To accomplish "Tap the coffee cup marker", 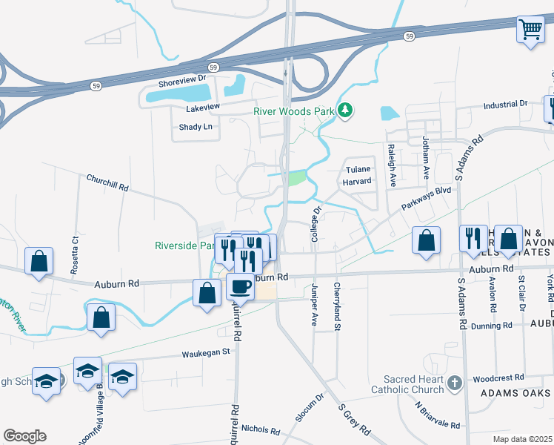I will click(x=239, y=286).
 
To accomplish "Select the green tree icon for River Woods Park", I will click(x=344, y=111).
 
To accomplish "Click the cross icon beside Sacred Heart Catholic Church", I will click(x=455, y=383).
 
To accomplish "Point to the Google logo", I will click(x=24, y=436).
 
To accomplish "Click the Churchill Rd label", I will click(x=107, y=183).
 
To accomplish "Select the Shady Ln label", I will click(x=196, y=127).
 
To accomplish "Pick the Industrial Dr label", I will click(x=505, y=105).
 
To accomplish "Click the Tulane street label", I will click(x=358, y=168).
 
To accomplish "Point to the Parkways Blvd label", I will click(x=426, y=201).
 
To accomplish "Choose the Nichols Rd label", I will click(x=258, y=429).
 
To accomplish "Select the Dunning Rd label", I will click(x=492, y=326).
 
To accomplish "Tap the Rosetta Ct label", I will click(x=75, y=255).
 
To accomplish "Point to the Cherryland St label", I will click(x=337, y=302).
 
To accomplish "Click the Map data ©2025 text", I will click(x=521, y=438).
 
